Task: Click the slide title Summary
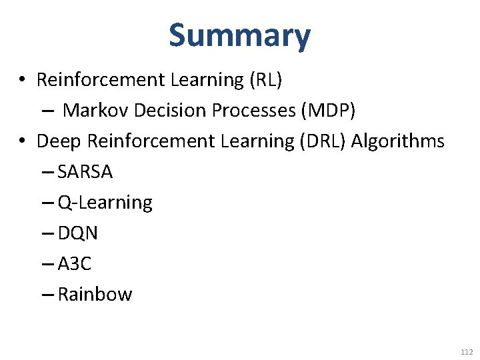[239, 36]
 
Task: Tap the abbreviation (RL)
[266, 80]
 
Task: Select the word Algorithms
[397, 141]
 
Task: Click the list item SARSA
[85, 172]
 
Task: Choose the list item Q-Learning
[105, 203]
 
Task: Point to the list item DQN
[78, 233]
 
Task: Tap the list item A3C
[75, 264]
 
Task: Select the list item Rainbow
[95, 295]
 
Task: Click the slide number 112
[466, 352]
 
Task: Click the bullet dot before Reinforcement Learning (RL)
[22, 81]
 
